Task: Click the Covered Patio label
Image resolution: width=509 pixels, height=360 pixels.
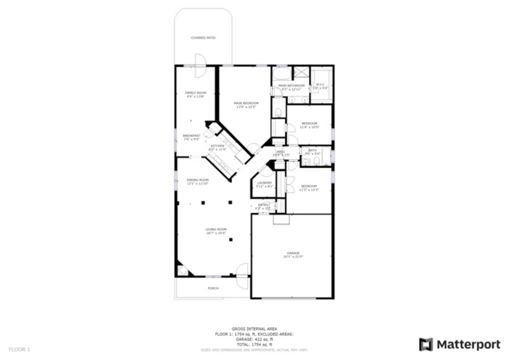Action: pyautogui.click(x=202, y=37)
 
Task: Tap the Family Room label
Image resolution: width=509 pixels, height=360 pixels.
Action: pyautogui.click(x=195, y=94)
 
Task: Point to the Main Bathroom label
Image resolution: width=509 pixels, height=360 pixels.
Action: pyautogui.click(x=291, y=86)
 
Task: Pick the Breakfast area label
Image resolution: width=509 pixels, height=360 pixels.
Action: pyautogui.click(x=191, y=136)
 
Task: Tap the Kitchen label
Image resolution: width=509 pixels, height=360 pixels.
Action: pyautogui.click(x=218, y=147)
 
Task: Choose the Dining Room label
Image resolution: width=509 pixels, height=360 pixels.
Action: pyautogui.click(x=198, y=180)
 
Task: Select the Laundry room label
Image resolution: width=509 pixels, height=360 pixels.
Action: pyautogui.click(x=264, y=183)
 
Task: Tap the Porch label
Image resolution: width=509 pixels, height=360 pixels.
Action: pyautogui.click(x=213, y=288)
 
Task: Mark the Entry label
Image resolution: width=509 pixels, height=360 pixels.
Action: pyautogui.click(x=263, y=206)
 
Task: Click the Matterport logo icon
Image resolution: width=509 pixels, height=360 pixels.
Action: pyautogui.click(x=426, y=344)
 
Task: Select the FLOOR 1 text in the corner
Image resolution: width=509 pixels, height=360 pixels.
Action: pyautogui.click(x=19, y=350)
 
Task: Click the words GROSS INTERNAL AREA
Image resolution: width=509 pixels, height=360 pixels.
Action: pyautogui.click(x=253, y=329)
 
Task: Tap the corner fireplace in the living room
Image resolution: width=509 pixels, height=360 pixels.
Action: pyautogui.click(x=182, y=271)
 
